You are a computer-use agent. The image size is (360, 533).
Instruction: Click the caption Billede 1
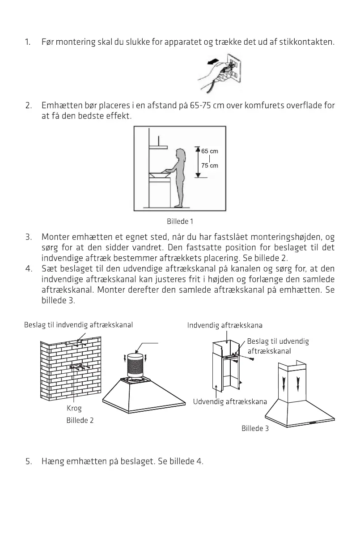click(x=180, y=222)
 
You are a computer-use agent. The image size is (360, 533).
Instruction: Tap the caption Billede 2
click(x=80, y=421)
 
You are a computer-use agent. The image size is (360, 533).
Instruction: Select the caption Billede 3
click(x=255, y=428)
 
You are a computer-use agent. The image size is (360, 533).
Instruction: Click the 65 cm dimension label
click(x=209, y=151)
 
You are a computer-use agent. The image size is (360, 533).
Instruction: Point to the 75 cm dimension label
click(x=209, y=166)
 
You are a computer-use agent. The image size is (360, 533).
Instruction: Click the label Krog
click(x=71, y=409)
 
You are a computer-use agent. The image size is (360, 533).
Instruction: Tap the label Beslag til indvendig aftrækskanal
click(x=78, y=324)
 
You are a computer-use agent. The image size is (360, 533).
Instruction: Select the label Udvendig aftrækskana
click(x=230, y=401)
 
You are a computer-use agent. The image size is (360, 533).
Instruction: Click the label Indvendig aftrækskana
click(x=224, y=325)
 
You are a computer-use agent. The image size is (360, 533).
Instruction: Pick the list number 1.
click(x=28, y=43)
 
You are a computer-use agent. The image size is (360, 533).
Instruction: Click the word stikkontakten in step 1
click(x=310, y=43)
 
